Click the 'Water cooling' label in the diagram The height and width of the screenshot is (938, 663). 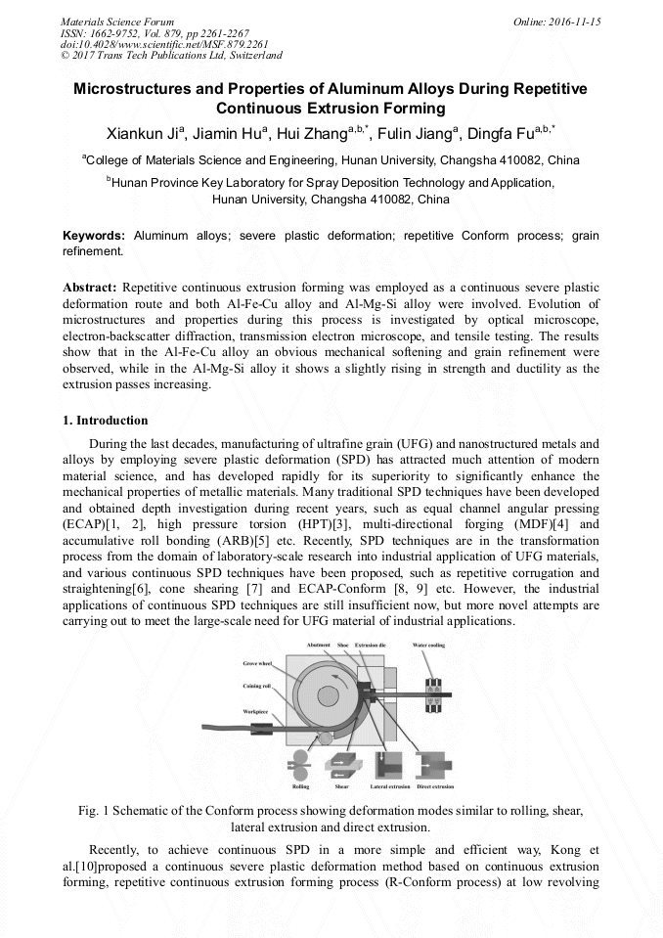point(428,646)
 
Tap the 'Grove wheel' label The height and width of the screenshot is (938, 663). point(256,663)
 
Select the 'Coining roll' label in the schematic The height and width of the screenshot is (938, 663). point(256,687)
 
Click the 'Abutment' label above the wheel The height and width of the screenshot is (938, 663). point(319,646)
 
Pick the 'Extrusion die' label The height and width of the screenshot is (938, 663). point(372,646)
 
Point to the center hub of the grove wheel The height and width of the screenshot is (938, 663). point(330,700)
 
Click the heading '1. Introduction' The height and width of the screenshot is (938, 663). point(106,421)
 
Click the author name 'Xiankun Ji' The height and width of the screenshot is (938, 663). point(142,134)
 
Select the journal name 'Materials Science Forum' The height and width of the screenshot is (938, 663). point(117,21)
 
